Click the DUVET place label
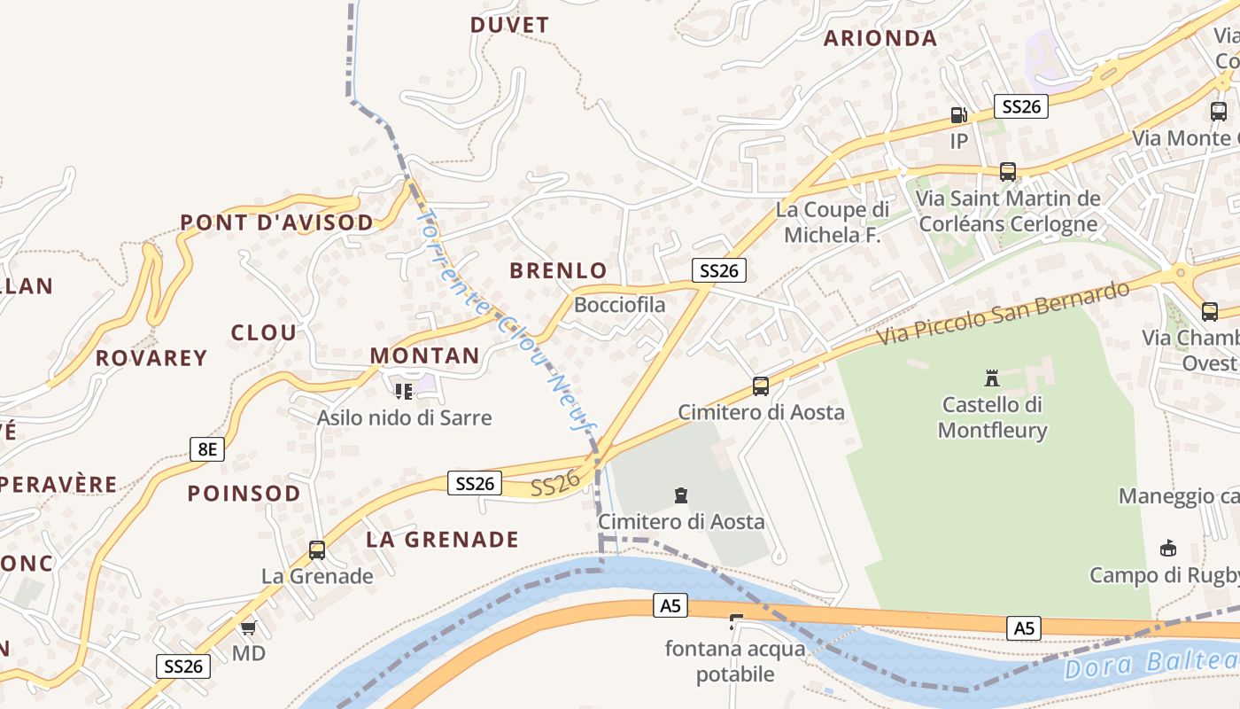click(x=509, y=25)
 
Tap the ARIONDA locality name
click(x=880, y=38)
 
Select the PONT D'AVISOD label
click(x=276, y=222)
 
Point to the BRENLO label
click(x=559, y=271)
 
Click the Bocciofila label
click(x=619, y=305)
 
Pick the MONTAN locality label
click(x=424, y=356)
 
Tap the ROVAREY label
click(x=151, y=358)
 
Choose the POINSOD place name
click(x=244, y=494)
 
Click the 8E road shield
click(x=206, y=449)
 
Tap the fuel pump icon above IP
click(x=958, y=115)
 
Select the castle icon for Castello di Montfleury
click(x=992, y=379)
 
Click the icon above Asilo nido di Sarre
click(x=404, y=391)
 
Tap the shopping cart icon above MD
click(x=248, y=628)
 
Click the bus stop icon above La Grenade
click(x=317, y=550)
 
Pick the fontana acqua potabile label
click(x=735, y=662)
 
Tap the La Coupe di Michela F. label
click(x=833, y=222)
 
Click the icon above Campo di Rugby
click(x=1168, y=549)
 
